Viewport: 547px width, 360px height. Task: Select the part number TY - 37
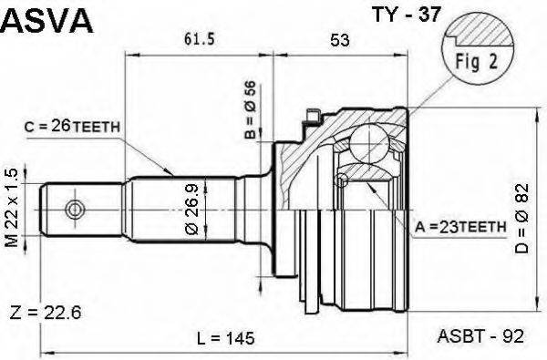click(407, 15)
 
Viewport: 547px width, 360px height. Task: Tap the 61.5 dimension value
click(199, 39)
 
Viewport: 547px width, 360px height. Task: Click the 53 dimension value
click(340, 40)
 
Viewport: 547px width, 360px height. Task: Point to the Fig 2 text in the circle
click(476, 62)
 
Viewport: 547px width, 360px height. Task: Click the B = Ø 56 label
click(250, 110)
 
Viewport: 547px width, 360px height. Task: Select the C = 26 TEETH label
click(72, 127)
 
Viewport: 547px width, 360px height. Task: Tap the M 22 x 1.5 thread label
click(12, 208)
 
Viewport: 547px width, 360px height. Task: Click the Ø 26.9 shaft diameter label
click(191, 210)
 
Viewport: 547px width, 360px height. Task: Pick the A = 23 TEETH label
click(460, 228)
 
